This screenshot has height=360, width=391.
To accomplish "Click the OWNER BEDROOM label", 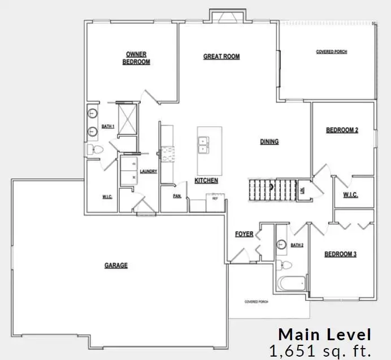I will point(136,58).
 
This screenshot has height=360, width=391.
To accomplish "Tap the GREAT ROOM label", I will point(221,57).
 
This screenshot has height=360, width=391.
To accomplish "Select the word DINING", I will point(269,142).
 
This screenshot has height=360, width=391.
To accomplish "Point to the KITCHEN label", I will point(206,181).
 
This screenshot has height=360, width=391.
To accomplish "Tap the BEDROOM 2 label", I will point(342,130).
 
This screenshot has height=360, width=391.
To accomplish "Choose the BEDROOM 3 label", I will point(340,254).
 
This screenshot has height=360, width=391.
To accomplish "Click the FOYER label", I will point(244,234).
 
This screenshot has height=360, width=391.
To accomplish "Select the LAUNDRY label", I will point(148,171).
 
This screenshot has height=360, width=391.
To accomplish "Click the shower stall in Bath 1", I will point(127,119).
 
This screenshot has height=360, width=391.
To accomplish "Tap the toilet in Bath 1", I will point(94,150).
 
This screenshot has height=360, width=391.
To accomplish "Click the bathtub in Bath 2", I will point(291,283).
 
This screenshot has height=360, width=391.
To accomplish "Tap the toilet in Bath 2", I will point(285,264).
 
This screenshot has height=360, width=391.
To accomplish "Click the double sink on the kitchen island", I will point(204,145).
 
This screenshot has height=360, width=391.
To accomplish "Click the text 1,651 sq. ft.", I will point(321,350).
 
